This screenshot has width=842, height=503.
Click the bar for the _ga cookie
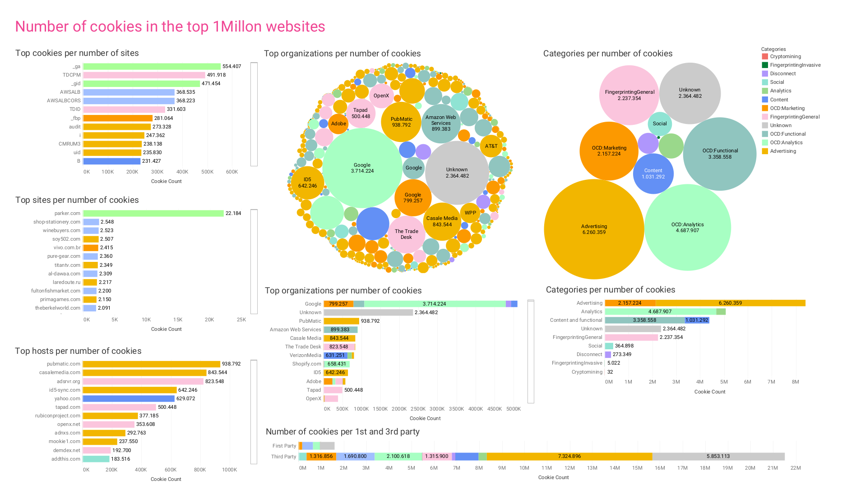pyautogui.click(x=152, y=66)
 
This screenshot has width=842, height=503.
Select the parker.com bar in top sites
pyautogui.click(x=153, y=213)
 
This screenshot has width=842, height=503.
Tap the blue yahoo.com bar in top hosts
pyautogui.click(x=129, y=398)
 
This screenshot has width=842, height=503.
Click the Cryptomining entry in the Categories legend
pyautogui.click(x=785, y=56)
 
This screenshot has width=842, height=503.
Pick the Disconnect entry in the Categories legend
pyautogui.click(x=782, y=73)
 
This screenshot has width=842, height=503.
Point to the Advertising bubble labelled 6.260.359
pyautogui.click(x=594, y=229)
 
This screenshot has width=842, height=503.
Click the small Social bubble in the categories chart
pyautogui.click(x=660, y=123)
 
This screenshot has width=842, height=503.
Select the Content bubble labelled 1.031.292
pyautogui.click(x=653, y=174)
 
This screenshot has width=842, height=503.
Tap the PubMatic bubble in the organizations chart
pyautogui.click(x=401, y=122)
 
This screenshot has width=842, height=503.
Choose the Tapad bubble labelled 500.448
pyautogui.click(x=361, y=113)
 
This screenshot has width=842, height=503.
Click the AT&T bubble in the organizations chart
pyautogui.click(x=491, y=146)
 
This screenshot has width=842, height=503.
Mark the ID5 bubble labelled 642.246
pyautogui.click(x=307, y=183)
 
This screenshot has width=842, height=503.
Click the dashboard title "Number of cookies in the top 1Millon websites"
pyautogui.click(x=170, y=27)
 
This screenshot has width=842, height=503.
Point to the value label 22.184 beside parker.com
pyautogui.click(x=233, y=213)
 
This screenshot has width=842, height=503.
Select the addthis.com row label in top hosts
pyautogui.click(x=66, y=459)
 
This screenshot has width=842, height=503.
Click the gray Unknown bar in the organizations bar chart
pyautogui.click(x=368, y=312)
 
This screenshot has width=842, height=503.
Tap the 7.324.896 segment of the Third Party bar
pyautogui.click(x=569, y=456)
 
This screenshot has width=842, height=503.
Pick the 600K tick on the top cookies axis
pyautogui.click(x=232, y=172)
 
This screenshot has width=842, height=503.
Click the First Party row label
pyautogui.click(x=284, y=446)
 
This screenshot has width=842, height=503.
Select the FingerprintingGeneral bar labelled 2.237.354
pyautogui.click(x=631, y=337)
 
